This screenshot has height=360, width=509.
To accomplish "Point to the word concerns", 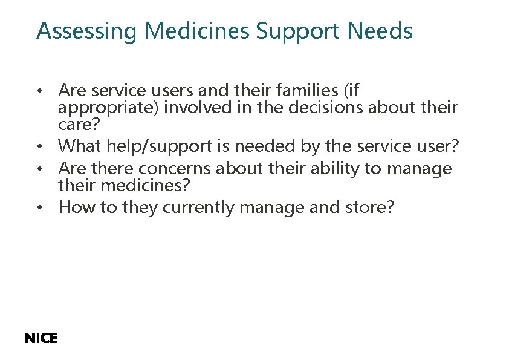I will pos(175,168).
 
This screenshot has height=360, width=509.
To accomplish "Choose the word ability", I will pos(331,168).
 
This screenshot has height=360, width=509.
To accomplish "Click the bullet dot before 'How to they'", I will pos(39,208).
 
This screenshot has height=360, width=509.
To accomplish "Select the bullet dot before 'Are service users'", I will pos(39,91).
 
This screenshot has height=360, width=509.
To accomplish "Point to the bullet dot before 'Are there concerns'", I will pos(39,169).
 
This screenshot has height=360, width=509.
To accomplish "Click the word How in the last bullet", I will pos(73,207).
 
